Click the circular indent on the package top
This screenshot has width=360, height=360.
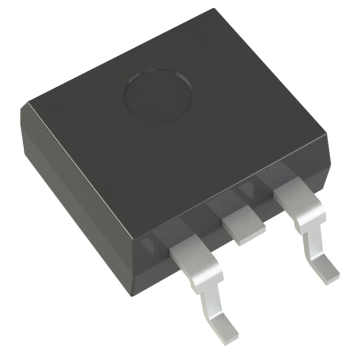[x=158, y=96]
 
